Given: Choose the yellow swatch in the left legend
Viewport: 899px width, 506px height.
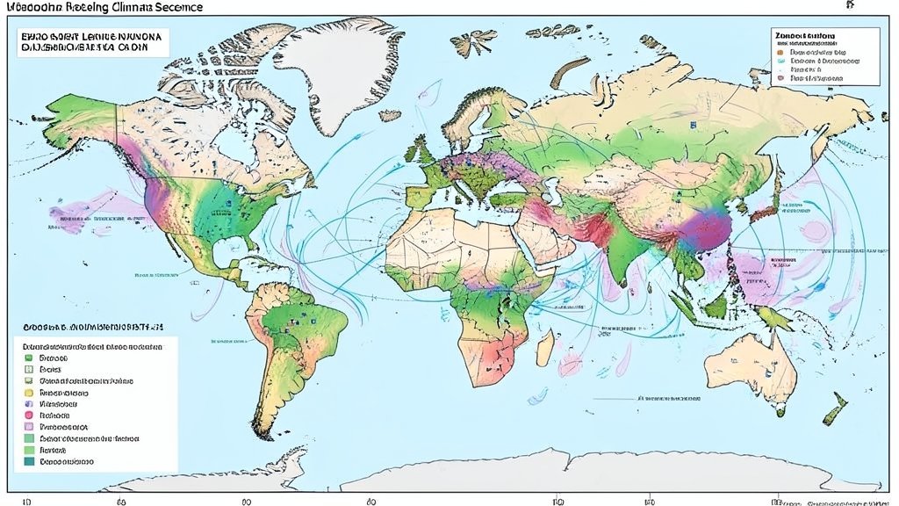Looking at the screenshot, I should [x=29, y=392].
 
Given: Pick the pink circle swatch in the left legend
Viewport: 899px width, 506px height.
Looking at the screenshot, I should [x=29, y=414].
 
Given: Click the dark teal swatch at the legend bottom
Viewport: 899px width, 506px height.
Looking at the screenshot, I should [x=29, y=459].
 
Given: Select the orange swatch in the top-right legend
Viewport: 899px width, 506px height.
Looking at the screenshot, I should [x=778, y=53].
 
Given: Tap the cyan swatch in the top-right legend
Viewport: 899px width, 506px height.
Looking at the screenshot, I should [x=778, y=65].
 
